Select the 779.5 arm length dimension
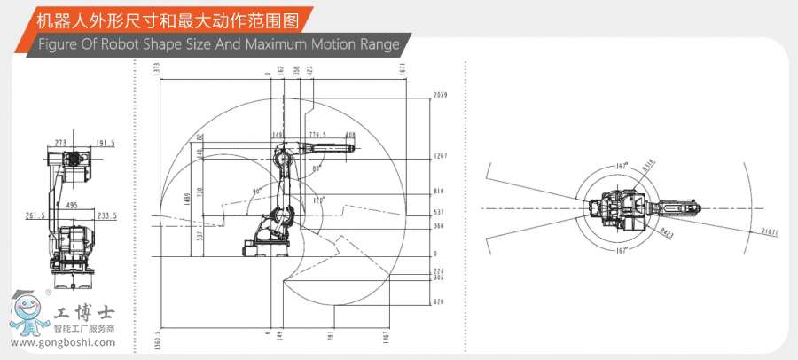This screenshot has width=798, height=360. [x=317, y=135]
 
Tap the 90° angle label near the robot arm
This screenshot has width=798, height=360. [x=256, y=191]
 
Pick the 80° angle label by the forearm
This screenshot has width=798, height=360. [x=317, y=167]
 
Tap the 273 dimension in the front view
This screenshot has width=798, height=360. [x=60, y=142]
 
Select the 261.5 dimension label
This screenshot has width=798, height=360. [x=35, y=215]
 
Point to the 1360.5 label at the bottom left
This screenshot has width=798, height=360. [x=158, y=342]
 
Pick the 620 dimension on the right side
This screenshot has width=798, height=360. [x=438, y=302]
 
